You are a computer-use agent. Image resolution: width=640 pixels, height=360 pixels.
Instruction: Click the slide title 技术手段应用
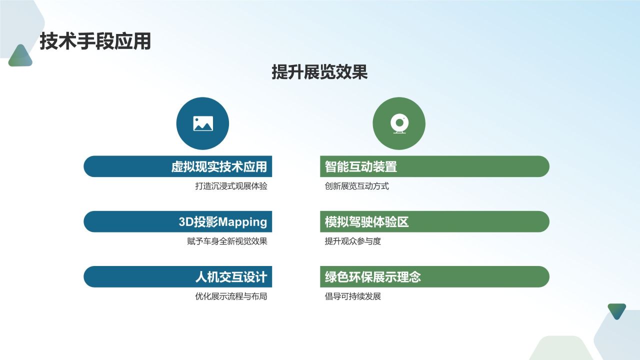(95, 41)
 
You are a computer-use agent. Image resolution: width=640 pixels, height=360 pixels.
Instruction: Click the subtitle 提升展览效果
(319, 72)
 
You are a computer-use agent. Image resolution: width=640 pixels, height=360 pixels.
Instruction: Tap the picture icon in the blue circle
(202, 123)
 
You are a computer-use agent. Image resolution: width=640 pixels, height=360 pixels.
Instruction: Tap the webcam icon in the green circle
(399, 123)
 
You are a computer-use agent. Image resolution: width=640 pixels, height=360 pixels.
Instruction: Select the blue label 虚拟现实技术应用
(219, 166)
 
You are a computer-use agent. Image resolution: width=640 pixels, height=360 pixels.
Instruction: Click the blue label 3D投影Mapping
(223, 221)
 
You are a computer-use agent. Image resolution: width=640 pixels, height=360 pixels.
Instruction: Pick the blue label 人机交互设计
(231, 276)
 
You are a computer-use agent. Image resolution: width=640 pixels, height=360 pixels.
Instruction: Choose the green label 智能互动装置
(361, 166)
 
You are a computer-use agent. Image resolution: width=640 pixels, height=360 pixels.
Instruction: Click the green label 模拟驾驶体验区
(367, 221)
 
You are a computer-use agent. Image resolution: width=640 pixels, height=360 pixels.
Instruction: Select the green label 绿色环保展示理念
(373, 276)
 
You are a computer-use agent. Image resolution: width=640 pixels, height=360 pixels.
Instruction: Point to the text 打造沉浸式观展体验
(231, 186)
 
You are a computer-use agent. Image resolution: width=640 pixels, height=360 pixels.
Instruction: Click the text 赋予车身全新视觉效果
(227, 241)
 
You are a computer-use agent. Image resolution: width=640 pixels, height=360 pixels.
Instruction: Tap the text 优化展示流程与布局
(231, 296)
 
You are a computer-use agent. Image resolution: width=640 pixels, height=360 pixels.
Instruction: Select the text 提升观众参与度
(353, 241)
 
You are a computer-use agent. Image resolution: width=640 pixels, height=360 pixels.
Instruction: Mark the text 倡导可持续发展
(353, 296)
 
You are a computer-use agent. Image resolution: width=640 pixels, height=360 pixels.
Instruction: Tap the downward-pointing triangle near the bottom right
(616, 310)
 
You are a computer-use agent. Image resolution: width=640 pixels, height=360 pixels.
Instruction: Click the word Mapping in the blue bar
(243, 221)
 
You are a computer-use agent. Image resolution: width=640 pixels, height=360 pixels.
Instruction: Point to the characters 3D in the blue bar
(186, 221)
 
